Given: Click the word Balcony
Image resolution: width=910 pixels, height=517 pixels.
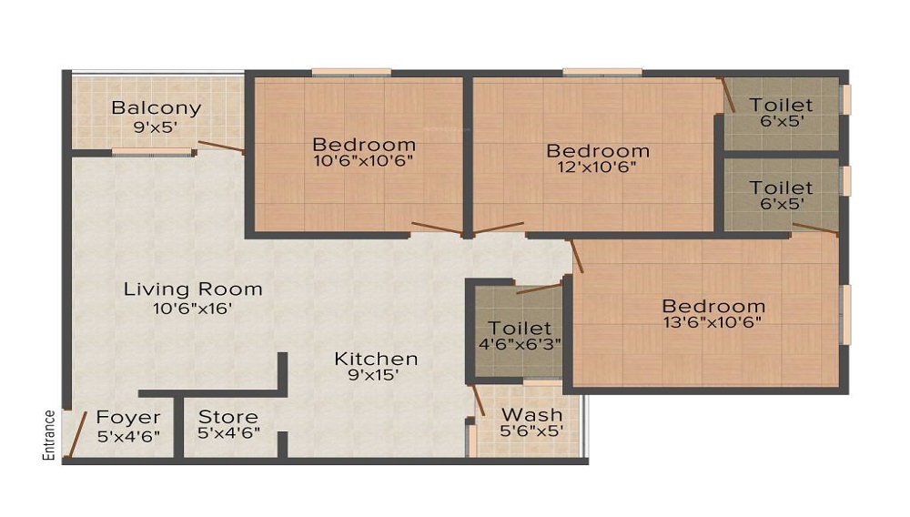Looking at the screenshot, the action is [157, 108].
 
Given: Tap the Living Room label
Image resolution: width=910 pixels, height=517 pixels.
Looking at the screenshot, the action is [193, 289].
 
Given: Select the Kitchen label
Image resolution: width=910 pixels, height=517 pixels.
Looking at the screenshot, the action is [376, 359].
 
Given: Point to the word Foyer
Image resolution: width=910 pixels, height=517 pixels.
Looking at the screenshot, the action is [128, 418].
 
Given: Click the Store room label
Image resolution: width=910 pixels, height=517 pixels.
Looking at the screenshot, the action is [228, 417].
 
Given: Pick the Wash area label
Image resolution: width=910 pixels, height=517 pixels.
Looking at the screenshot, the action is [532, 415].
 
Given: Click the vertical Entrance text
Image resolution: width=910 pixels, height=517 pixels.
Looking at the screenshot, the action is [49, 435].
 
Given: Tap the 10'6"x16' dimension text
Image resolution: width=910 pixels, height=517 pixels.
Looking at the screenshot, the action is [193, 309].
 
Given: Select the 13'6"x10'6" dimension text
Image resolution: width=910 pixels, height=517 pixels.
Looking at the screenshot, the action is [713, 322].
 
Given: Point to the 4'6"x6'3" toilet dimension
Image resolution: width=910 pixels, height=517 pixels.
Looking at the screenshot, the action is [520, 343].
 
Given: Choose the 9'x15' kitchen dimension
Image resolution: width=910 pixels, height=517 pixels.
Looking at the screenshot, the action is [373, 375].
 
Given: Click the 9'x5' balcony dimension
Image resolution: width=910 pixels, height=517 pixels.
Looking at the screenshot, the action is [156, 127].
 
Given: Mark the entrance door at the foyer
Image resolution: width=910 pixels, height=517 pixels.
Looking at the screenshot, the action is [77, 434].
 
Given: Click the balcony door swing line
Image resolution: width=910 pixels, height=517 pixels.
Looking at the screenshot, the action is [220, 147].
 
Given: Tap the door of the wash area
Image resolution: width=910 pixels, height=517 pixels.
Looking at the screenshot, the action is [479, 400].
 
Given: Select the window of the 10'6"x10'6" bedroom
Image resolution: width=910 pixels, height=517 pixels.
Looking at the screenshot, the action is [351, 73].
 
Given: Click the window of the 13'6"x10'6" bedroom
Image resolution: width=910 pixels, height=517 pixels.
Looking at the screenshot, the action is [846, 315].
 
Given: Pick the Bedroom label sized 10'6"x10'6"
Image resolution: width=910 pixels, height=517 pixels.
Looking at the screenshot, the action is [364, 144].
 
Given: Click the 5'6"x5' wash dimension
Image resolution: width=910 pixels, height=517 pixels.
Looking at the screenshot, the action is [532, 431].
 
